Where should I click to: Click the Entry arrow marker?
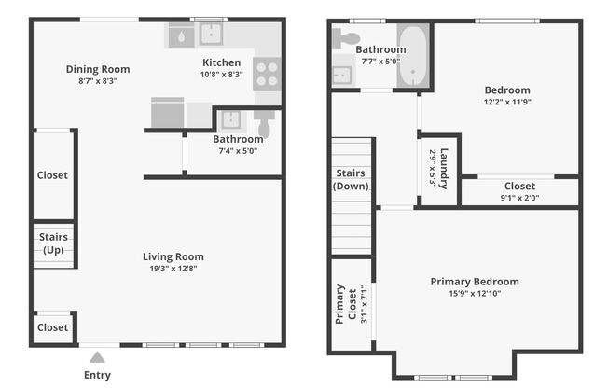click(96, 355)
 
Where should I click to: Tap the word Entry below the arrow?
click(97, 375)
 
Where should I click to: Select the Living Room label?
click(173, 256)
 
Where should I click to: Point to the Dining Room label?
click(97, 68)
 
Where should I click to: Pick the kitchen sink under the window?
click(212, 35)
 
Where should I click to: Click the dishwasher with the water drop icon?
click(180, 35)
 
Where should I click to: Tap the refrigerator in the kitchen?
click(168, 113)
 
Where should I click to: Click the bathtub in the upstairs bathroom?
click(413, 56)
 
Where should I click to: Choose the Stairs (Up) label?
click(52, 243)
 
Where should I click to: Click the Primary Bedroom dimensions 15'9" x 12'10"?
click(475, 295)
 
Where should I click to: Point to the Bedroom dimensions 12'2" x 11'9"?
click(507, 104)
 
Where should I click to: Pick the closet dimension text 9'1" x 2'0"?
click(519, 198)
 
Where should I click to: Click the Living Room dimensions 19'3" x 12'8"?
click(173, 269)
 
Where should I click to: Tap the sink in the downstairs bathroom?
click(229, 119)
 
